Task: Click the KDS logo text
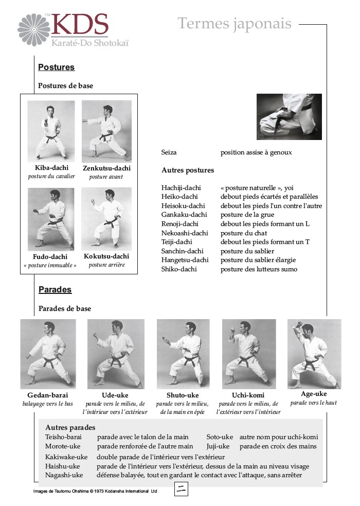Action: (80, 25)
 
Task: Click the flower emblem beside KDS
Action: (34, 29)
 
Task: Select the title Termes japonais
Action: (235, 23)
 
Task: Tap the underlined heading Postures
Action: (56, 67)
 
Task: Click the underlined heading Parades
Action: (55, 290)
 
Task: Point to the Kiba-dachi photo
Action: (51, 131)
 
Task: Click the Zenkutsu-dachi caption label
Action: (106, 168)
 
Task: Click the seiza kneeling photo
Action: (289, 117)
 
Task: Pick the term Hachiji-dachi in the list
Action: (181, 188)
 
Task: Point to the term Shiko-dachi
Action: (179, 269)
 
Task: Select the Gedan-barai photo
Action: (48, 354)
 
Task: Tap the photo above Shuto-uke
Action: (183, 354)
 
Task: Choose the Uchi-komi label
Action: (248, 395)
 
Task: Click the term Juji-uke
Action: (218, 446)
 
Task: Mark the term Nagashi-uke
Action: (64, 475)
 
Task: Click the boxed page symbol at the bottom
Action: (181, 490)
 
